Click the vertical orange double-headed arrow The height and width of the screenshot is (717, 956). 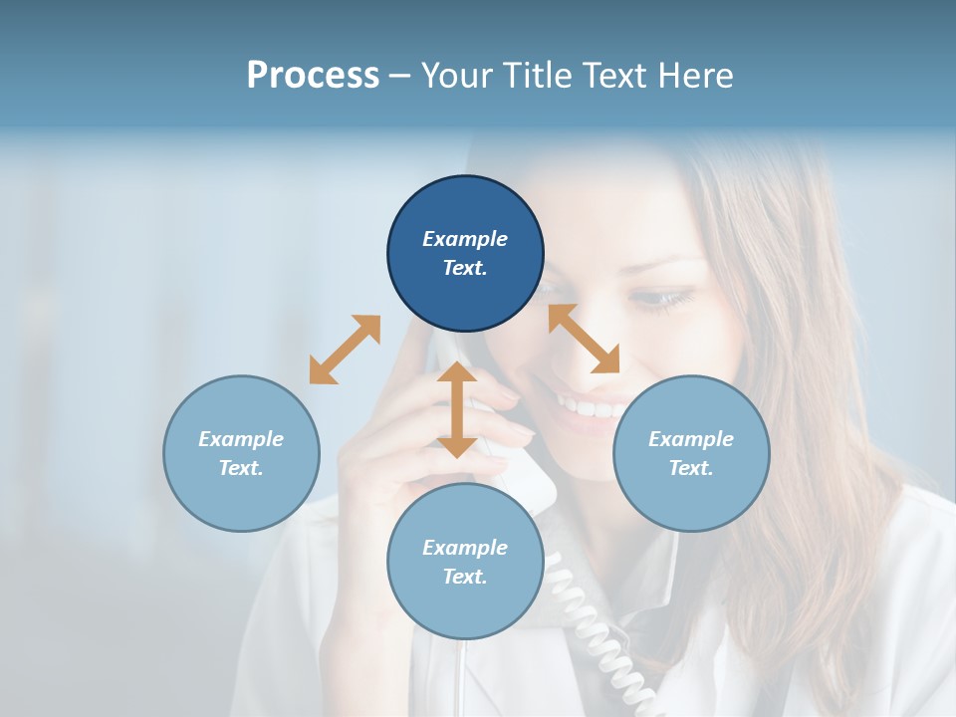point(457,409)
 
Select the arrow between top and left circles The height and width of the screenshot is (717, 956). point(345,350)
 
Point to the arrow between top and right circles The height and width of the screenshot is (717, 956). point(584,339)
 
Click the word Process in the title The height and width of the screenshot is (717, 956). point(313,76)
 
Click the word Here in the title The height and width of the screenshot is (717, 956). point(694,76)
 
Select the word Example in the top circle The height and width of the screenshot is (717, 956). point(465,239)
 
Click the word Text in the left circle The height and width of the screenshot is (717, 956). point(241,468)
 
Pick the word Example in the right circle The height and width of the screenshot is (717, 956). point(691,439)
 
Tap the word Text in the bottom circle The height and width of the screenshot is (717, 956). point(465,577)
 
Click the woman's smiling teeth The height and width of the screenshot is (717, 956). point(588,407)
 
